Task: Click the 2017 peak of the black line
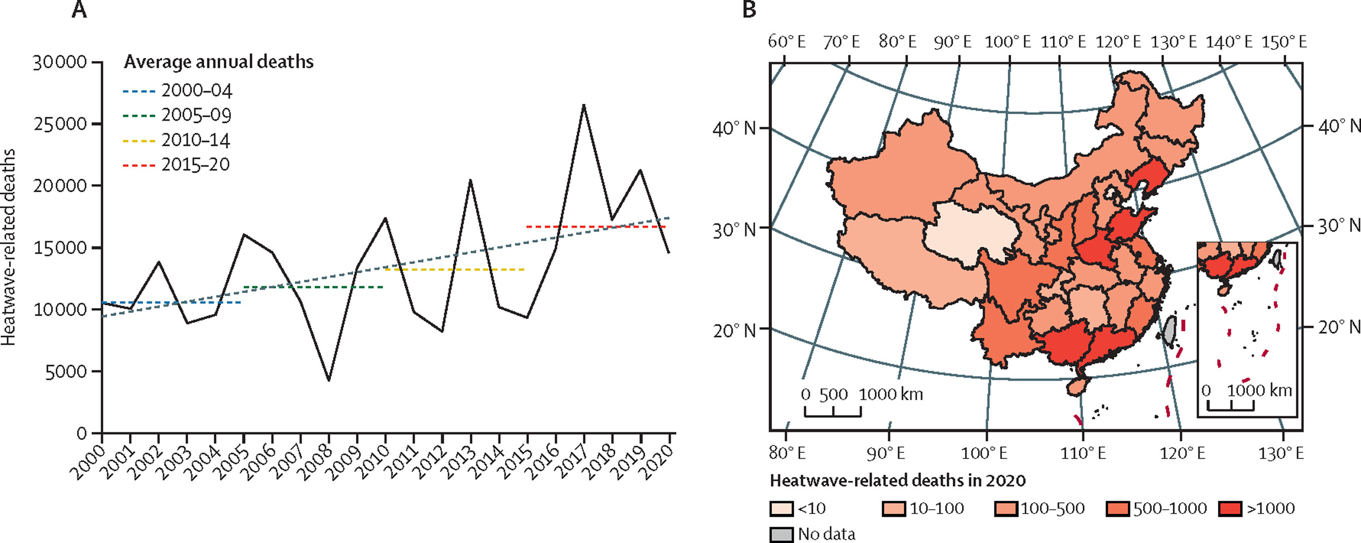coord(584,105)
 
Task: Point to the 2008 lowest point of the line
coord(329,380)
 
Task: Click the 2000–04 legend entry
coord(177,91)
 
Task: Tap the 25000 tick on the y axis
coord(60,124)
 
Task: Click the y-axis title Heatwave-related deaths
coord(9,247)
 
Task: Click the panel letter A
coord(79,9)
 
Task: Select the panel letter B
coord(749,9)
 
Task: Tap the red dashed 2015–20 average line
coord(595,226)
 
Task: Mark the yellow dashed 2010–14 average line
coord(454,269)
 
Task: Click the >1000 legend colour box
coord(1230,509)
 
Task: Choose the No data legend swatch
coord(781,534)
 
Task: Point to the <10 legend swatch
coord(781,509)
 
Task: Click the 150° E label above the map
coord(1284,42)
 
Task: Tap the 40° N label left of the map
coord(734,129)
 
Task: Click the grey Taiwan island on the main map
coord(1168,331)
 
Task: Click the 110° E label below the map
coord(1083,453)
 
